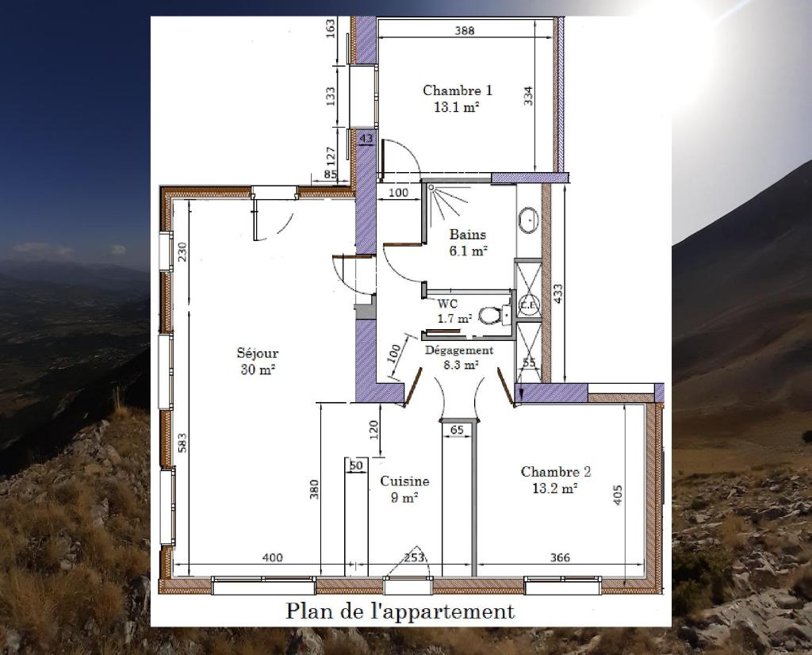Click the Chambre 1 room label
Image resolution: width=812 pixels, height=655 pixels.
point(458,98)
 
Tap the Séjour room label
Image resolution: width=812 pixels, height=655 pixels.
point(258,361)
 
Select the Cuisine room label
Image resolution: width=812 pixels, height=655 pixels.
point(404,489)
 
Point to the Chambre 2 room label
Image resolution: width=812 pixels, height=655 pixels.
point(556,480)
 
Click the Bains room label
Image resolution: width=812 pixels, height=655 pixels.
point(468,243)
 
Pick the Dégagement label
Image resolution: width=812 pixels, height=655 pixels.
point(459,350)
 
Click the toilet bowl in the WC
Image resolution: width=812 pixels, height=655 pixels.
point(488,314)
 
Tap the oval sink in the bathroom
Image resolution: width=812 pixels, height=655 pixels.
point(528,220)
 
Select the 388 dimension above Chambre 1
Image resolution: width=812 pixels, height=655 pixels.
point(465,31)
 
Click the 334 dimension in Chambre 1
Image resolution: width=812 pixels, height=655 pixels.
point(528,96)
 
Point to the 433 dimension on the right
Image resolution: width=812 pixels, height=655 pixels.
point(557,293)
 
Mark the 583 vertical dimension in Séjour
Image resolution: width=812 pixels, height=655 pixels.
point(182,442)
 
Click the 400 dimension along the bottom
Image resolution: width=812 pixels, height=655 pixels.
point(273,557)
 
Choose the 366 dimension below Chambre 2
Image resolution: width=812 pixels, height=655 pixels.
point(560,557)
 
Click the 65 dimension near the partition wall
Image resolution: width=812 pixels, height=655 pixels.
point(457,430)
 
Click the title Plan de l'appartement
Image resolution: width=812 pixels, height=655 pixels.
point(400,611)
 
